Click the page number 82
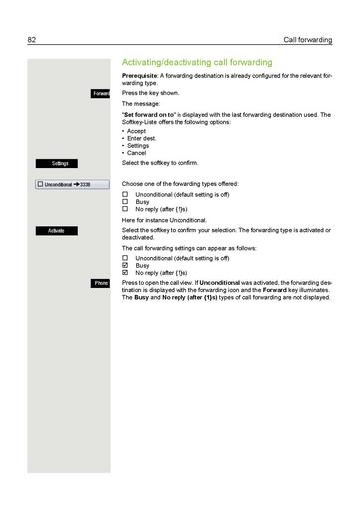pyautogui.click(x=32, y=40)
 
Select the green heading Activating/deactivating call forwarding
pyautogui.click(x=206, y=62)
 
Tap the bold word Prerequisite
pyautogui.click(x=140, y=76)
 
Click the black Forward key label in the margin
pyautogui.click(x=100, y=93)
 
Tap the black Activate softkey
pyautogui.click(x=56, y=230)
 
